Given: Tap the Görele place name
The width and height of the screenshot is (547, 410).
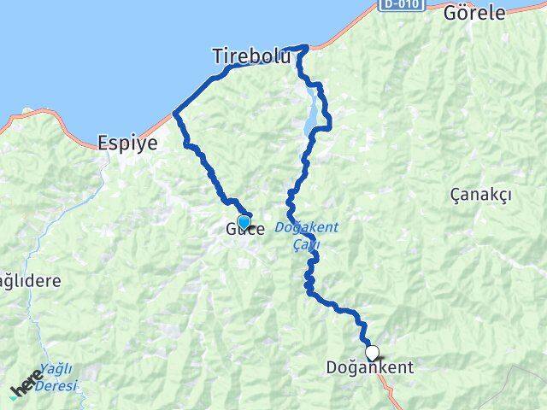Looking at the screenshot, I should (474, 13).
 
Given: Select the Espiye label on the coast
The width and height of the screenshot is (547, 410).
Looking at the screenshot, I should (127, 143).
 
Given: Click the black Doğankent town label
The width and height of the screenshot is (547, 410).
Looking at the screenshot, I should (369, 368).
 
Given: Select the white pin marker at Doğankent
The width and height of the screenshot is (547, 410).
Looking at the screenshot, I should (372, 351).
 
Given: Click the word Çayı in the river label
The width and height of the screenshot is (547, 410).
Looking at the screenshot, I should (304, 244).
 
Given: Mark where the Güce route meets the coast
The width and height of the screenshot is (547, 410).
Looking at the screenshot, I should (176, 112).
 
